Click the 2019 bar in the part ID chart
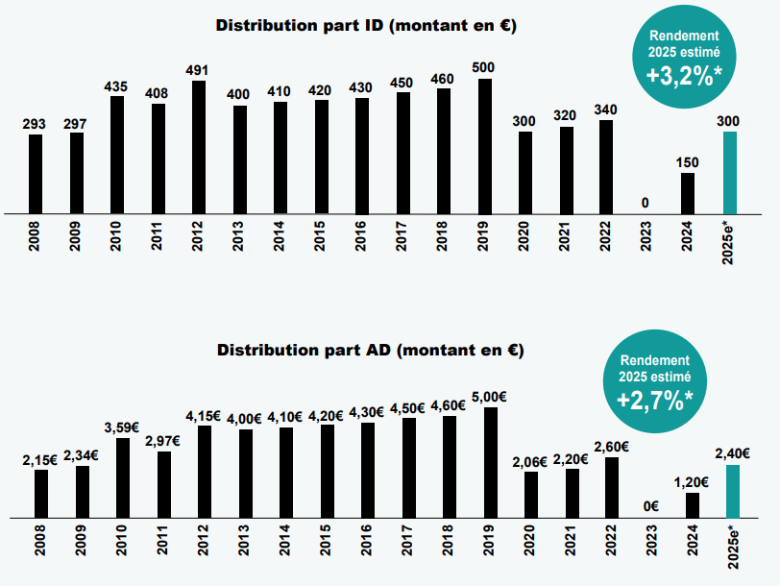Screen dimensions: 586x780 click(x=485, y=145)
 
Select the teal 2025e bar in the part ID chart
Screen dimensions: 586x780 click(x=729, y=172)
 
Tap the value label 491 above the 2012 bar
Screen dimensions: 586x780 click(x=198, y=69)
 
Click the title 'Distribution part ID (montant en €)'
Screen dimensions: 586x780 click(x=366, y=26)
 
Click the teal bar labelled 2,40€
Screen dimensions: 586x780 click(x=733, y=491)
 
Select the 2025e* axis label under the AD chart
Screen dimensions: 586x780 click(x=734, y=549)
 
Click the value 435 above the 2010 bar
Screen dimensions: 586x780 click(x=116, y=86)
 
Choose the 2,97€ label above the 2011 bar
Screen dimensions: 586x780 click(x=163, y=440)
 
